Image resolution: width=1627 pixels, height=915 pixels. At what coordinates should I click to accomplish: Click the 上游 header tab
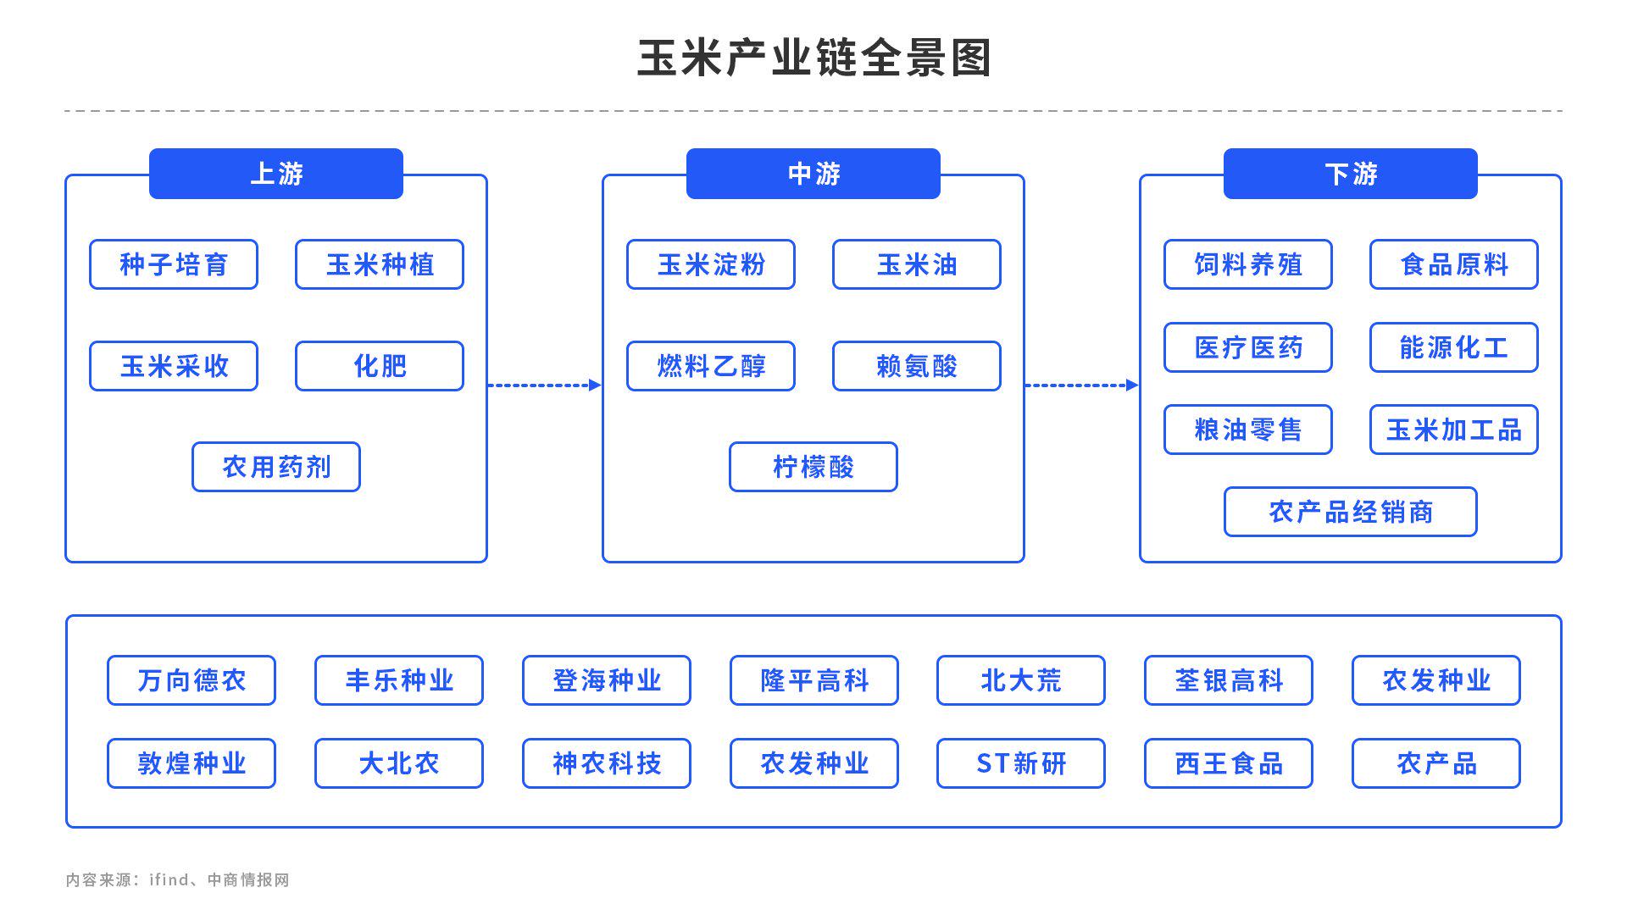[x=276, y=174]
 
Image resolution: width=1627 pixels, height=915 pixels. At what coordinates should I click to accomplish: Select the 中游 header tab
[x=813, y=174]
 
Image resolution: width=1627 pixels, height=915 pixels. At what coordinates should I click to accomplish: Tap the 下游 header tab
[x=1351, y=174]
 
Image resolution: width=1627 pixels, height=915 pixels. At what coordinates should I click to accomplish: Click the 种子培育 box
[x=174, y=264]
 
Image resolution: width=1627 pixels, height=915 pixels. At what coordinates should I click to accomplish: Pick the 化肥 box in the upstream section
[x=380, y=366]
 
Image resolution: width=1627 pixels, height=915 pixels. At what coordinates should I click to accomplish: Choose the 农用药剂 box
[x=276, y=467]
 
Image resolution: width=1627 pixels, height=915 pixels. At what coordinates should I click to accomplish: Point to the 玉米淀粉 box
[x=711, y=264]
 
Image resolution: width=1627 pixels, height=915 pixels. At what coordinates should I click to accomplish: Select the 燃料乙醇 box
[x=711, y=366]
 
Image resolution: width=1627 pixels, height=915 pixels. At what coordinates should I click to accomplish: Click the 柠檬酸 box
[x=813, y=467]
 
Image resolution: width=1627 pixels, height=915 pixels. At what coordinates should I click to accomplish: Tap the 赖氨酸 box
[x=917, y=366]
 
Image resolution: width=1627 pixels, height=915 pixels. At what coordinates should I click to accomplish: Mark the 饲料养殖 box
[x=1248, y=264]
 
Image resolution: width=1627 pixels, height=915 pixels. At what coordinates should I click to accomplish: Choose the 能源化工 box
[x=1454, y=347]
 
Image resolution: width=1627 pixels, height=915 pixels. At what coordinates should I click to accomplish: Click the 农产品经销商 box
[x=1351, y=512]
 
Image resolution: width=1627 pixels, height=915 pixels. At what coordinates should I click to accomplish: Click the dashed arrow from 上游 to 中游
[x=545, y=385]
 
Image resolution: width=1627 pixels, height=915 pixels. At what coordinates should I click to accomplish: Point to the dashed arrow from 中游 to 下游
[x=1082, y=385]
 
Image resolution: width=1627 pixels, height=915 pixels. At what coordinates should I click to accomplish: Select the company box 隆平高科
[x=814, y=680]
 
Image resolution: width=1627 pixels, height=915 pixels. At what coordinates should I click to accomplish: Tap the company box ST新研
[x=1021, y=763]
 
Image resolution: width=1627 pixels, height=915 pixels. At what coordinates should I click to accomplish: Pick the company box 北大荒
[x=1021, y=680]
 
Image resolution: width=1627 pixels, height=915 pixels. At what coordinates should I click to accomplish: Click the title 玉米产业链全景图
[x=813, y=58]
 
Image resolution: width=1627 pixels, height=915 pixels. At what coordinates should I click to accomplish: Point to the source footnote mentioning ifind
[x=178, y=879]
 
